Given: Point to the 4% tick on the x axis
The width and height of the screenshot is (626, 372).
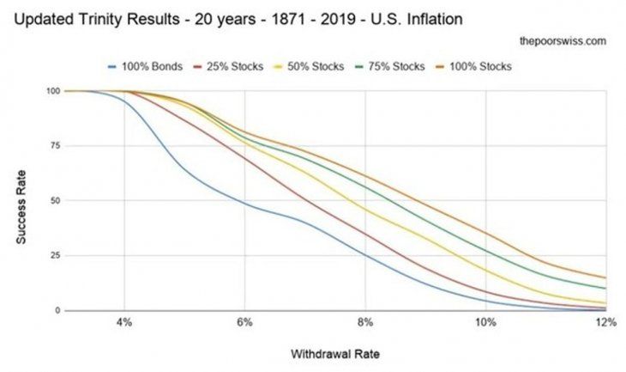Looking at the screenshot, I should point(124,323).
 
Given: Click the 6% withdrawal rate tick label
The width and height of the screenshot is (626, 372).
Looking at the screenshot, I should point(245,323).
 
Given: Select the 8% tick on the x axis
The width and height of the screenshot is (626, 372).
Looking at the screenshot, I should point(366,323).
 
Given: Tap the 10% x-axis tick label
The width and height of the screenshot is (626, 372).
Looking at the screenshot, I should point(485,323).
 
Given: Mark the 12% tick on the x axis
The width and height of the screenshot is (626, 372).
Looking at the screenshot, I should point(605,323).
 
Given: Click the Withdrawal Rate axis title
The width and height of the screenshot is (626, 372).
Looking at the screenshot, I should point(334,354).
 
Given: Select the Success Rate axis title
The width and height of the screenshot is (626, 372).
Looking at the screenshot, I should point(20,201).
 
